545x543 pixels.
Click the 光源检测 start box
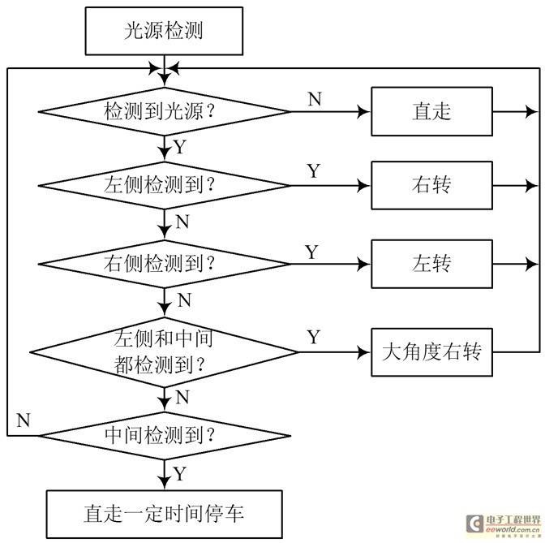click(164, 31)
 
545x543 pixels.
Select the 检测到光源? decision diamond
click(164, 112)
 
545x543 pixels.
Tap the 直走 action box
click(432, 111)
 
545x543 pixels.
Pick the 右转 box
click(432, 185)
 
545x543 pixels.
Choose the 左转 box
click(432, 264)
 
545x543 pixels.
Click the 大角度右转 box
click(432, 352)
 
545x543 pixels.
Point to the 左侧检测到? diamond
click(164, 185)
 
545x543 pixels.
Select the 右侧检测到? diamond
click(164, 264)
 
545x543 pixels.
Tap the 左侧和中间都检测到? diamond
click(164, 352)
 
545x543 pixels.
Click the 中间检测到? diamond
click(164, 436)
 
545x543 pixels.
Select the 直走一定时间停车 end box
click(165, 514)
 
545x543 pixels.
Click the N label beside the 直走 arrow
click(315, 99)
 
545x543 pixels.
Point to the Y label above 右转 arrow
click(314, 170)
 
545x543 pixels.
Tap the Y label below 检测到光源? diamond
click(180, 147)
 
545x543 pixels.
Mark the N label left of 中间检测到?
click(24, 420)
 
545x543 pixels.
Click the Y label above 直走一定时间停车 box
click(180, 474)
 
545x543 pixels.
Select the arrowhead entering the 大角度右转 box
click(364, 352)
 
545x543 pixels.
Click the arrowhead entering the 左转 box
click(364, 264)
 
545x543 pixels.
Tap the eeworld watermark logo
click(504, 524)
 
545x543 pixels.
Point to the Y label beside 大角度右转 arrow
click(314, 337)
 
